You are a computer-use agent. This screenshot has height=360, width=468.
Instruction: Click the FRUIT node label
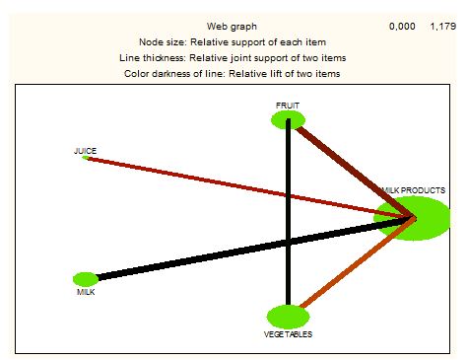(288, 106)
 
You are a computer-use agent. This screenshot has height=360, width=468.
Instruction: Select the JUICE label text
(85, 151)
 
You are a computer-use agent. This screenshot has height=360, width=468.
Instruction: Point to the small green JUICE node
(86, 158)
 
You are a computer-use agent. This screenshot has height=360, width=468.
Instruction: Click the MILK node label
(86, 292)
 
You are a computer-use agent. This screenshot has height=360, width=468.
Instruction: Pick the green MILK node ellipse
(86, 279)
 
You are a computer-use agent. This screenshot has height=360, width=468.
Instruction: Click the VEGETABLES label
(288, 334)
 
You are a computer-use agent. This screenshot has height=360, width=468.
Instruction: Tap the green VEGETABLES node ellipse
(288, 317)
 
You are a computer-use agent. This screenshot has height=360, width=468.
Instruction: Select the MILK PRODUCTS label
(414, 190)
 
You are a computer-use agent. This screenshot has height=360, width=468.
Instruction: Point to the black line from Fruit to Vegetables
(288, 212)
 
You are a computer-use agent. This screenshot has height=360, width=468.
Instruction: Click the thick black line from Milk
(253, 249)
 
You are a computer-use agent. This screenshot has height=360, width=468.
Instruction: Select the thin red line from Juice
(251, 187)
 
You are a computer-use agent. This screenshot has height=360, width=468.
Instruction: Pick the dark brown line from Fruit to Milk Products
(355, 171)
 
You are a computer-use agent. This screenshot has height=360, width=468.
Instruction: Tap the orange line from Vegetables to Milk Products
(358, 263)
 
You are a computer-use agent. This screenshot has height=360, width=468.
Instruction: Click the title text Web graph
(232, 27)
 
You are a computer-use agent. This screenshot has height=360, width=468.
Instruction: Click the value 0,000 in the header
(402, 27)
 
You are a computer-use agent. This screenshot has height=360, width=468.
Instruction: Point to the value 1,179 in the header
(443, 27)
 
